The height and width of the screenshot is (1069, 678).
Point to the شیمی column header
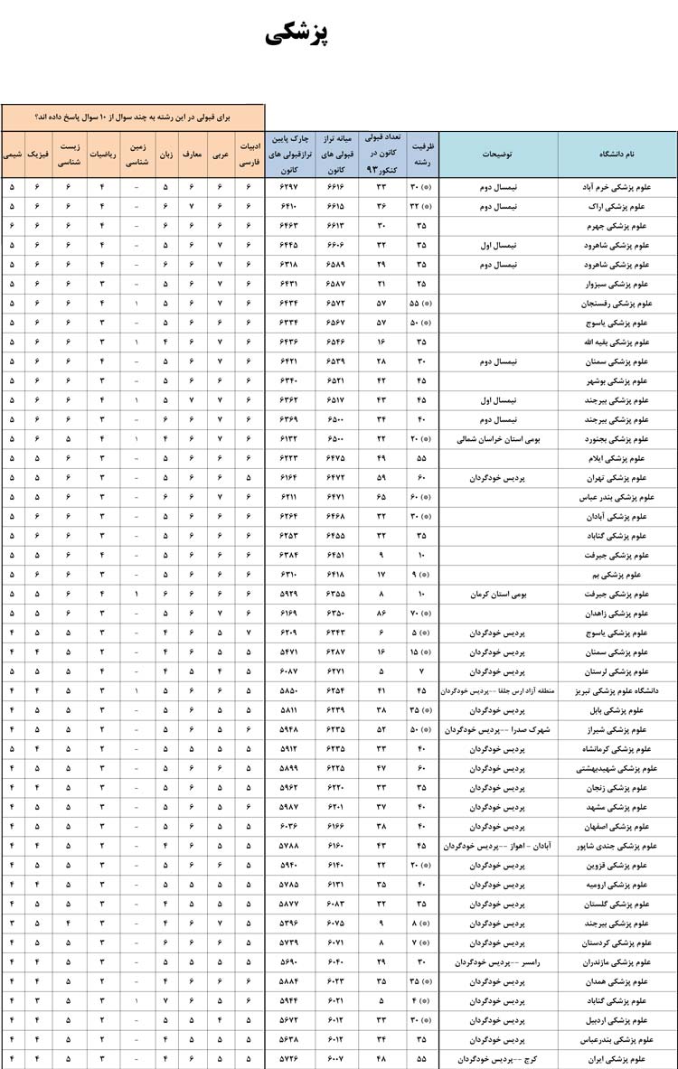(13, 155)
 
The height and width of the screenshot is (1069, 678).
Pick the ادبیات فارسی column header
(249, 155)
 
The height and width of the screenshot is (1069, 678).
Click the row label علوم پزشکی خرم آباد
(625, 187)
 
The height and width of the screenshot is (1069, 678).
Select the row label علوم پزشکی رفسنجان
(626, 304)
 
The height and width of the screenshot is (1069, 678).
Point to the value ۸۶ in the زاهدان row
(381, 614)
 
